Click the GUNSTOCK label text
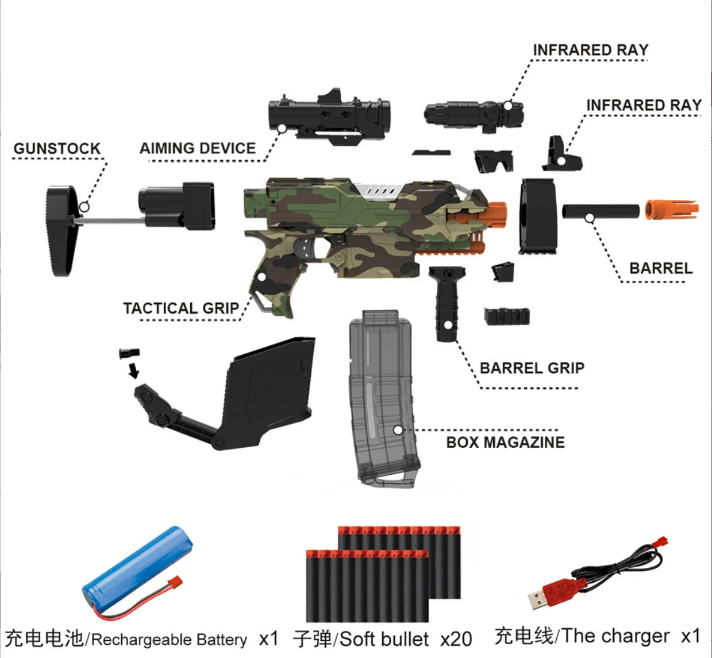pyautogui.click(x=57, y=149)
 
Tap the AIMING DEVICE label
pyautogui.click(x=198, y=148)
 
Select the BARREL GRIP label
pyautogui.click(x=532, y=368)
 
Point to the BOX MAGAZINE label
pyautogui.click(x=505, y=442)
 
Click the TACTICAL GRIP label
pyautogui.click(x=181, y=308)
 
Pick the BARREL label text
pyautogui.click(x=661, y=268)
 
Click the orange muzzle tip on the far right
pyautogui.click(x=671, y=210)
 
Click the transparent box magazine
pyautogui.click(x=382, y=396)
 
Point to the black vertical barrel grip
pyautogui.click(x=443, y=304)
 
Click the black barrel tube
pyautogui.click(x=601, y=211)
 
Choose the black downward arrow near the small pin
pyautogui.click(x=133, y=370)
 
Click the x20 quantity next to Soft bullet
pyautogui.click(x=456, y=639)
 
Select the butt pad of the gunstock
pyautogui.click(x=60, y=230)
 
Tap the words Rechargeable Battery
pyautogui.click(x=170, y=640)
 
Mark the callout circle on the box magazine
pyautogui.click(x=398, y=429)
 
